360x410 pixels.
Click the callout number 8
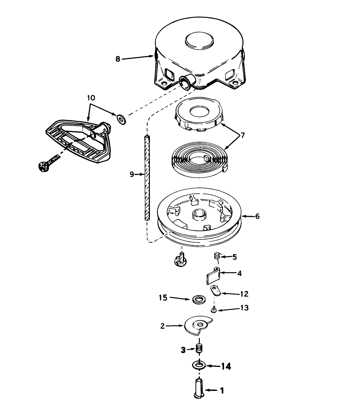click(x=118, y=59)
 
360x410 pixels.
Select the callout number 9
click(x=132, y=174)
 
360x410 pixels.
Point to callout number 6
click(x=257, y=216)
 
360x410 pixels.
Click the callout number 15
click(x=163, y=298)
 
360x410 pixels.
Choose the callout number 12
click(x=244, y=294)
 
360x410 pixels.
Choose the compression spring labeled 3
click(x=199, y=348)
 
